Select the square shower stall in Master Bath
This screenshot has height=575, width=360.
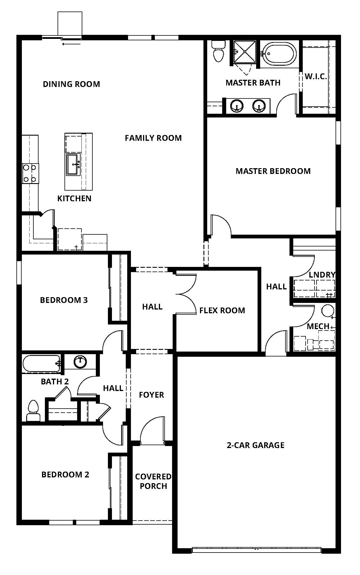point(245,52)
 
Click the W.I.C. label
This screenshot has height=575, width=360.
point(316,77)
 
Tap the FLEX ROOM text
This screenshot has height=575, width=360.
point(222,310)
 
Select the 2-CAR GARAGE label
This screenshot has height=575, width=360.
point(256,445)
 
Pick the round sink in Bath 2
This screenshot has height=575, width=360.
point(80,362)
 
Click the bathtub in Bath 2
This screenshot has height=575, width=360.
point(41,364)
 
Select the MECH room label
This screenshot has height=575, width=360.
point(318,326)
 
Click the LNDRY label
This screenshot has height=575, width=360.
point(322,275)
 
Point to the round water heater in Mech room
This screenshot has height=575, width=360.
point(327,311)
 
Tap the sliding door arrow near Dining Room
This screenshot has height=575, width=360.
point(71,44)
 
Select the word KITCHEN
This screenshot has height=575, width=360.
point(74,198)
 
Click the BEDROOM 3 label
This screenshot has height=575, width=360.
point(64,300)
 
